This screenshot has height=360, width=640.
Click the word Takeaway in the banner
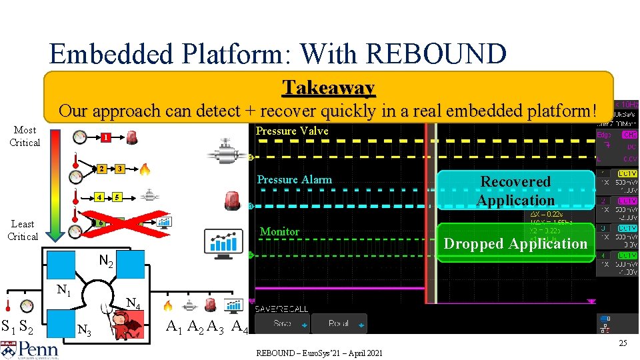click(x=328, y=87)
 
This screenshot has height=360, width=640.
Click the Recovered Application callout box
click(x=515, y=191)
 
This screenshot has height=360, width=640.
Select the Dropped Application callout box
click(x=515, y=243)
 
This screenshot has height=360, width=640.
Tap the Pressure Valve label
click(x=293, y=131)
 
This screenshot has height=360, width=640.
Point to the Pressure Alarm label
click(x=294, y=179)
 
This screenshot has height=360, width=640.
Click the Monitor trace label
click(x=279, y=231)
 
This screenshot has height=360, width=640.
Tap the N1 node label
click(x=65, y=290)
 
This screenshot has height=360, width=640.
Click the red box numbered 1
click(x=105, y=138)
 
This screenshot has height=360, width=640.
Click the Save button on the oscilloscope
click(x=281, y=323)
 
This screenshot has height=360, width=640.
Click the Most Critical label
click(x=25, y=136)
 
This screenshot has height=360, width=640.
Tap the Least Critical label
click(x=23, y=230)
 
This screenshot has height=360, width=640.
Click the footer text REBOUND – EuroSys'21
click(x=319, y=353)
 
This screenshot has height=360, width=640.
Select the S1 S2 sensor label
click(x=18, y=327)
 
